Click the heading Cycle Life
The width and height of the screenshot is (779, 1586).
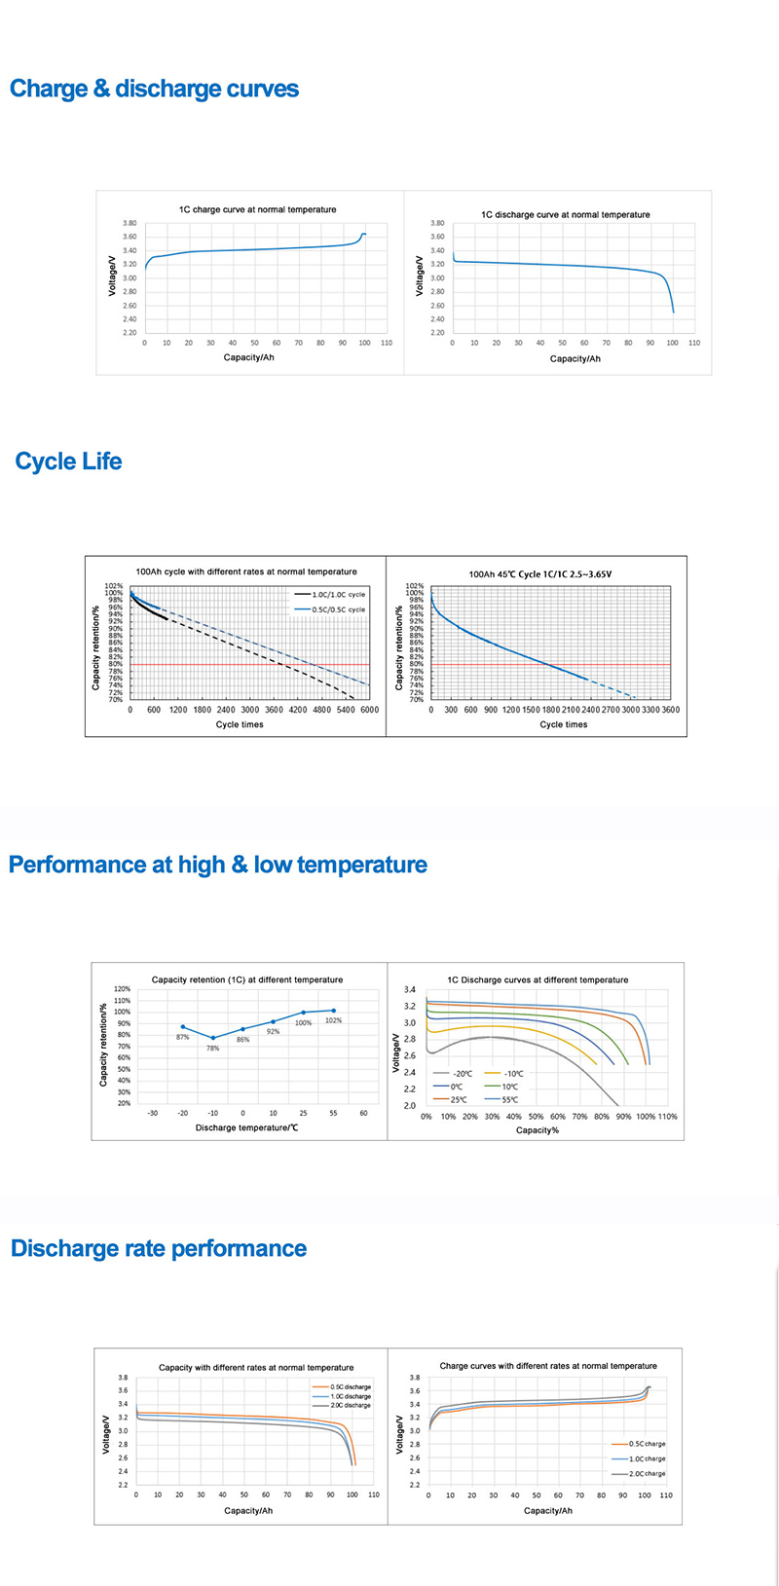[68, 461]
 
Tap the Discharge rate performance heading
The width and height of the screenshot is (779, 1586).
[159, 1248]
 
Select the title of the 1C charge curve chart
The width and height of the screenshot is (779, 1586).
[257, 209]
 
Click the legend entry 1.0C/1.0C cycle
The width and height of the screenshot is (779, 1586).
[337, 594]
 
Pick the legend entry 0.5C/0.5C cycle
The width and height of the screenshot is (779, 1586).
[337, 609]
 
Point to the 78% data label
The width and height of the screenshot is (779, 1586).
[212, 1049]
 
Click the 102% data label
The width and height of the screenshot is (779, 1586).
[333, 1020]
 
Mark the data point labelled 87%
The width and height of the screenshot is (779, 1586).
[182, 1026]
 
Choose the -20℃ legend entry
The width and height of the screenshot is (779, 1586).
[463, 1072]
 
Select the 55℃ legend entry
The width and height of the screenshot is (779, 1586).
[509, 1099]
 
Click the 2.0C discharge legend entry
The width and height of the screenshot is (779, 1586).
[351, 1406]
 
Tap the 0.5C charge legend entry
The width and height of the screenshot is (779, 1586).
[647, 1444]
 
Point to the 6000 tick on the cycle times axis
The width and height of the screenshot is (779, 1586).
[368, 710]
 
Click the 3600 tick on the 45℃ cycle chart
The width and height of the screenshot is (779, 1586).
[670, 710]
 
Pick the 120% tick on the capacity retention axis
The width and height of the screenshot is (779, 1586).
[123, 989]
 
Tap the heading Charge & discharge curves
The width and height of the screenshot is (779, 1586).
[154, 90]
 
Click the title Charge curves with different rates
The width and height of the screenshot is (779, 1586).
[548, 1366]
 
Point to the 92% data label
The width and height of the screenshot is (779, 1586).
[273, 1031]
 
